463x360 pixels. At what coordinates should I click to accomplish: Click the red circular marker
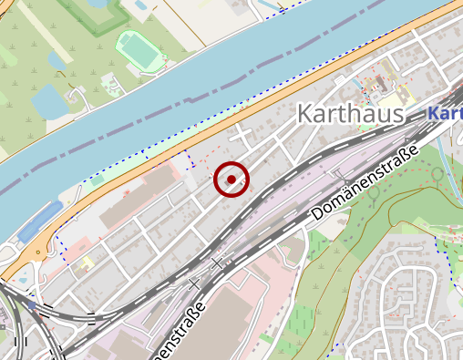[231, 179]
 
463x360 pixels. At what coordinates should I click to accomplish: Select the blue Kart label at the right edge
[445, 114]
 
